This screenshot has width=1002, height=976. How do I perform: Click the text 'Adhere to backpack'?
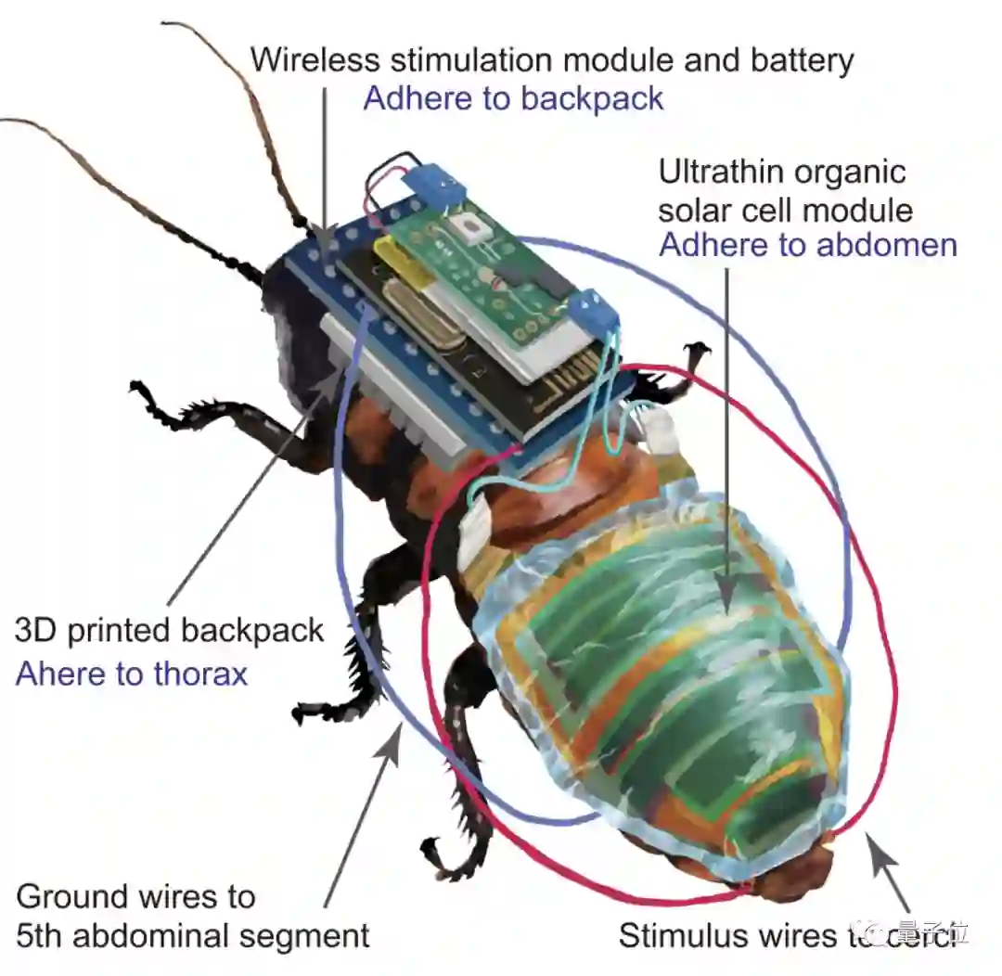[513, 98]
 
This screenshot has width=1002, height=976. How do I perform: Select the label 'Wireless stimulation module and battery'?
[552, 60]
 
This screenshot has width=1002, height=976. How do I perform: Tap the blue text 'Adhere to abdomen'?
[807, 245]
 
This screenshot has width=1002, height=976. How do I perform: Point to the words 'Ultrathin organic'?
[781, 172]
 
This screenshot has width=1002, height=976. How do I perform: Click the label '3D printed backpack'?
[170, 631]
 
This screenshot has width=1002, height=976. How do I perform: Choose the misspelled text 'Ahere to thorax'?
[132, 673]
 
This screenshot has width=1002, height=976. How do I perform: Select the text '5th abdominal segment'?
[193, 935]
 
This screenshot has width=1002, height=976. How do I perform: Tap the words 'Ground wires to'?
[135, 896]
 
